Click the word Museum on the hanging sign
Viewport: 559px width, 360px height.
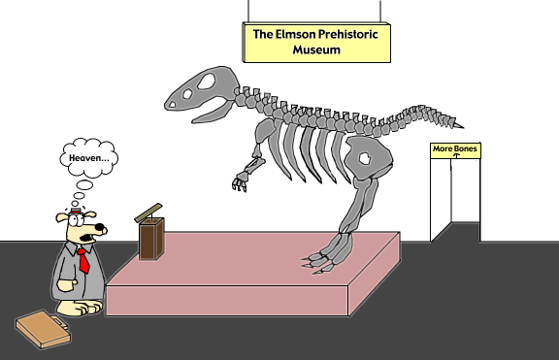pos(316,49)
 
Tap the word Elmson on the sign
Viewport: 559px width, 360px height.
pos(296,34)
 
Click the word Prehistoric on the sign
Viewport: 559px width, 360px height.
pos(348,34)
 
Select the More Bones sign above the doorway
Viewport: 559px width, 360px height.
pos(455,150)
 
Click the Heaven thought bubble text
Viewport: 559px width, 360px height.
pos(89,158)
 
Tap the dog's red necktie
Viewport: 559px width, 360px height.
pos(83,260)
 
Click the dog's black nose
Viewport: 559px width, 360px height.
pos(100,227)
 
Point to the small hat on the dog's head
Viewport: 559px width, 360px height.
pos(76,211)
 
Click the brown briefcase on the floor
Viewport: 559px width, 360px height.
pos(43,329)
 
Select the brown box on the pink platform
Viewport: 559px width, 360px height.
pos(151,238)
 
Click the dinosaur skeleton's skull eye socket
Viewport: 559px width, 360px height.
pos(207,82)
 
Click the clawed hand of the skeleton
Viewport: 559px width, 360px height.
pos(241,181)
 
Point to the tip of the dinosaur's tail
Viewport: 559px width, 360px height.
pos(462,126)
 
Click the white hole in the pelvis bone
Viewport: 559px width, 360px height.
pos(365,158)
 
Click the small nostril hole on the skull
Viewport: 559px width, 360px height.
pos(172,105)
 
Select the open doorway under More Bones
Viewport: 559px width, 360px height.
pos(455,200)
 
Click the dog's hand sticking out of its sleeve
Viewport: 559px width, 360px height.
pos(66,286)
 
